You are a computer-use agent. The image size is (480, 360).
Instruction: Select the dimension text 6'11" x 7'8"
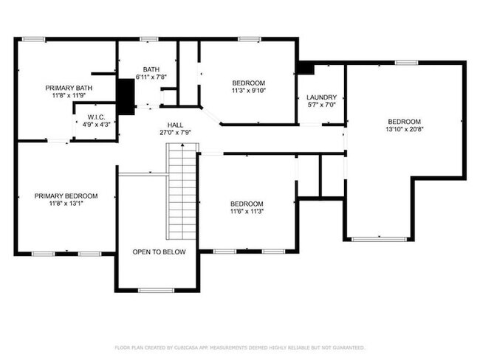(151, 77)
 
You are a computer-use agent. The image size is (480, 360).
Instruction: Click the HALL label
(175, 125)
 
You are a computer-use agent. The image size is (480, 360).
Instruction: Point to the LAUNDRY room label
(321, 97)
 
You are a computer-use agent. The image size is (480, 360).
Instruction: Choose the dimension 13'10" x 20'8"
(404, 130)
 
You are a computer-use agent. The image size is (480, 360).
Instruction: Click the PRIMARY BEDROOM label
(66, 195)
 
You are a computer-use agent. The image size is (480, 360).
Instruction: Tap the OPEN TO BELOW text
(159, 252)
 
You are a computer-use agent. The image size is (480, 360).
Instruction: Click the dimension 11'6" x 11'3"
(246, 212)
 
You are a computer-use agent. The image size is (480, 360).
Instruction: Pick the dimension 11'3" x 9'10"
(248, 91)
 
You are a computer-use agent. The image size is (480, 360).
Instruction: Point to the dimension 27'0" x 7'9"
(175, 133)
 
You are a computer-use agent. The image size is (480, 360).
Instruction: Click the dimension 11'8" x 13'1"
(66, 204)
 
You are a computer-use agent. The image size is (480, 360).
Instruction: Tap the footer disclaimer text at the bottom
(239, 347)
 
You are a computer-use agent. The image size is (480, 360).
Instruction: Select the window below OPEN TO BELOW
(156, 290)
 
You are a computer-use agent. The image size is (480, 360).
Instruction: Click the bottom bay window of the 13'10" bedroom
(379, 239)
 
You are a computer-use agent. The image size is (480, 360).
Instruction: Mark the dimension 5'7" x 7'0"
(321, 105)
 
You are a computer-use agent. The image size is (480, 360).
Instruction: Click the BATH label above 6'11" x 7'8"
(151, 69)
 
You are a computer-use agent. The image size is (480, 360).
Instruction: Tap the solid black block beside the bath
(126, 97)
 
